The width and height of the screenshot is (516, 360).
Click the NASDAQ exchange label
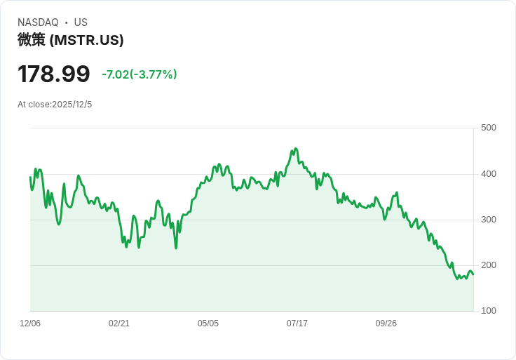(x=38, y=22)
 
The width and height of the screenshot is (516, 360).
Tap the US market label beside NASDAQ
(x=81, y=22)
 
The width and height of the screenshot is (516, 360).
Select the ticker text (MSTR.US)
(x=87, y=40)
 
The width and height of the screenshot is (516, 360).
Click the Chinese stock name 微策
(x=32, y=40)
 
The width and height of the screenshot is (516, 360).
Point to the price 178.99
(x=54, y=74)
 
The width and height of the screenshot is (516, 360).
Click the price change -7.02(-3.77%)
(x=140, y=74)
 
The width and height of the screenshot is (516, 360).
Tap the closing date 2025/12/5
(x=72, y=105)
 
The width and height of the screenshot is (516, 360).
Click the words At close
(x=34, y=105)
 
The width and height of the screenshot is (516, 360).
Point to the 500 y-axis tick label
(x=489, y=128)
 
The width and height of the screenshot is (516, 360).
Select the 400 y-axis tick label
(x=489, y=174)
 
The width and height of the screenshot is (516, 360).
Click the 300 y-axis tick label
(x=489, y=220)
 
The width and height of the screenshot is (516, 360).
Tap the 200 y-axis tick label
(x=489, y=265)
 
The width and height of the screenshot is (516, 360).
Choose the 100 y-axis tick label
(x=489, y=311)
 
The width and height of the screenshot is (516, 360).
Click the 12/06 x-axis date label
(x=30, y=324)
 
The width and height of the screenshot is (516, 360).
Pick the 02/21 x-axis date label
(x=119, y=324)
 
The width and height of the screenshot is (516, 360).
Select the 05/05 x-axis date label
(x=208, y=324)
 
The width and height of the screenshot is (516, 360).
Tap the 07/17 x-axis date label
(x=297, y=324)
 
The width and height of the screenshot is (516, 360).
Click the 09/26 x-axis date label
(x=386, y=324)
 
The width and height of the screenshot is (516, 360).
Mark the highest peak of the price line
(x=296, y=149)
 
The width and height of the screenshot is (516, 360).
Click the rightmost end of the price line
(x=473, y=274)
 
